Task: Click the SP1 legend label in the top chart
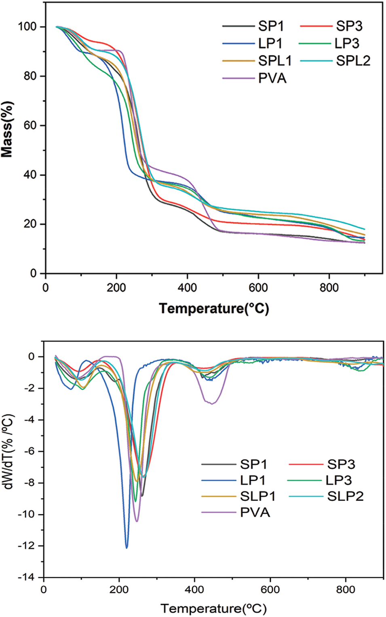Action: coord(271,26)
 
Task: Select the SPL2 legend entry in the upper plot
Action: coord(353,61)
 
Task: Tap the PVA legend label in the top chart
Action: coord(272,78)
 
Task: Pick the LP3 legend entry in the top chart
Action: coord(347,43)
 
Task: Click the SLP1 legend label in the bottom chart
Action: coord(258,496)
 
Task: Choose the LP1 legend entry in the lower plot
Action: coord(253,480)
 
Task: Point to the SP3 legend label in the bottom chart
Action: coord(341,464)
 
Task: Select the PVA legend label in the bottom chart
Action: coord(255,512)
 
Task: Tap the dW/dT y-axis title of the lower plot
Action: coord(9,451)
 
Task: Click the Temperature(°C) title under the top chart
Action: coord(214,308)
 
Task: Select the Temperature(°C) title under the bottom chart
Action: coord(214,608)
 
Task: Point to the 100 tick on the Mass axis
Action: coord(27,27)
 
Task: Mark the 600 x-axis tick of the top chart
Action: coord(258,287)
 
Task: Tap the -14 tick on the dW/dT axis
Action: coord(28,577)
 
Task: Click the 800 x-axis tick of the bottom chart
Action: coord(346,590)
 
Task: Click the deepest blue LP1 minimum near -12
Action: coord(127,547)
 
